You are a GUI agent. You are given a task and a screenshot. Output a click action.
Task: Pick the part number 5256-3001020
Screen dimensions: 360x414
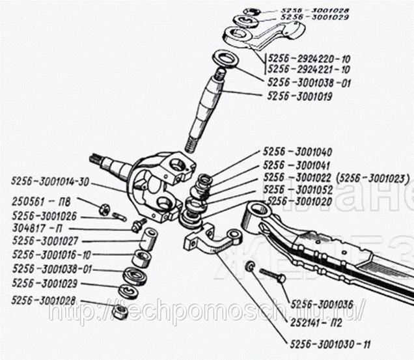point(300,201)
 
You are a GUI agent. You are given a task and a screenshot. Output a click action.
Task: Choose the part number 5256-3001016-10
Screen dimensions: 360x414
point(51,255)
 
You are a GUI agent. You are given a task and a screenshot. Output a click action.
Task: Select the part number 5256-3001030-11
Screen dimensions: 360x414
point(329,343)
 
